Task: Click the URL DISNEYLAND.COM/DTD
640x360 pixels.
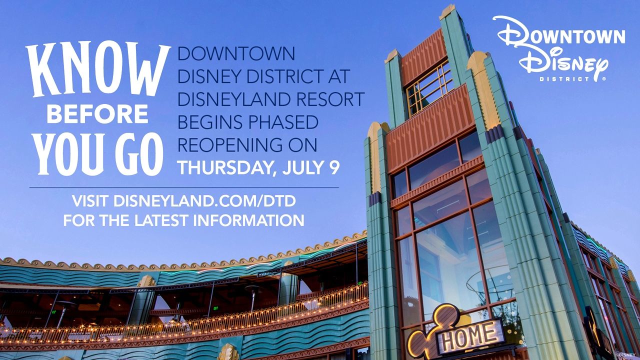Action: [x=205, y=201]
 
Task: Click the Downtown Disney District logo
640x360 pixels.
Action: [x=558, y=48]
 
